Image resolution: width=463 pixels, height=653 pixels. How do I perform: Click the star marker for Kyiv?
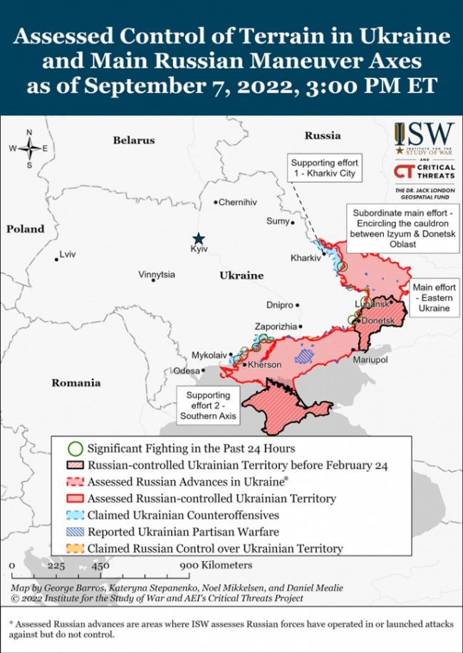(199, 238)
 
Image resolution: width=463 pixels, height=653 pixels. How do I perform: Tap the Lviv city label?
(68, 254)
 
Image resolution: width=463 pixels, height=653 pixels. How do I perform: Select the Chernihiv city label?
(237, 202)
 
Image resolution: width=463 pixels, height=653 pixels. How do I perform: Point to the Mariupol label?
(370, 360)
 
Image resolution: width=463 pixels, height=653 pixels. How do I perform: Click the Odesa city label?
(187, 370)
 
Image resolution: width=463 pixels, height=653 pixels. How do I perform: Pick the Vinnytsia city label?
(157, 273)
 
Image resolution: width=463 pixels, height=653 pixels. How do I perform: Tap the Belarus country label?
(133, 140)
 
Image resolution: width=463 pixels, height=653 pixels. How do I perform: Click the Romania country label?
(76, 383)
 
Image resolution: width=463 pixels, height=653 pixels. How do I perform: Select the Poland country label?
(25, 229)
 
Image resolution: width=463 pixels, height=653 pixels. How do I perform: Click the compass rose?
(29, 148)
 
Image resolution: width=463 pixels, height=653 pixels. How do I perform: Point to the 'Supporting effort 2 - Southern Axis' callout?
(208, 404)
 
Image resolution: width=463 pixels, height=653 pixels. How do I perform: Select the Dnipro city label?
(279, 305)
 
